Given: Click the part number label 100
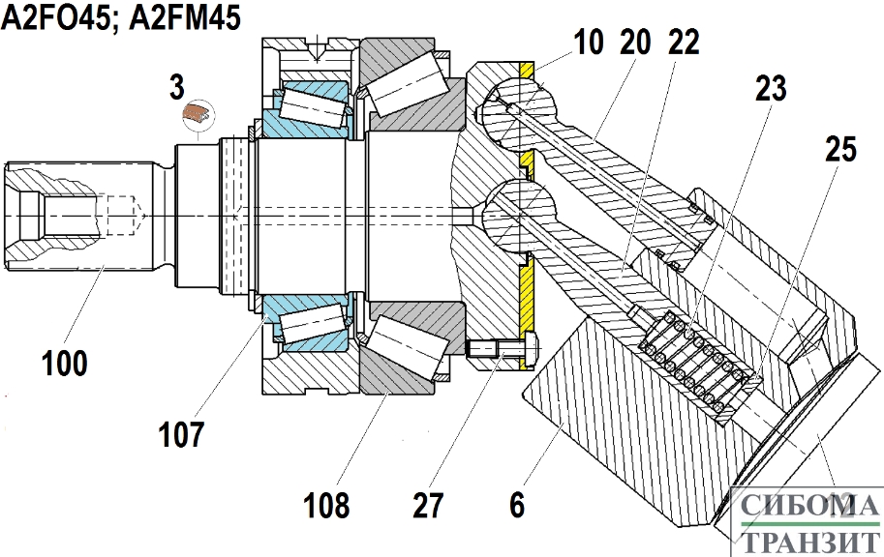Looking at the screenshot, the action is (x=65, y=364).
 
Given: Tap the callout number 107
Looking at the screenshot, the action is (x=180, y=434).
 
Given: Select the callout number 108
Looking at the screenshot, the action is (x=326, y=505).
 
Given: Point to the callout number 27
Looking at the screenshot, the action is (x=429, y=505).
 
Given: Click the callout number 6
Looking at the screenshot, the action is (x=517, y=505).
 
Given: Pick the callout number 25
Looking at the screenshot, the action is (x=840, y=149).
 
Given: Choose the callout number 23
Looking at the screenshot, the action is (x=771, y=88).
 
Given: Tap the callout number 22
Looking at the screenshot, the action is (x=684, y=43).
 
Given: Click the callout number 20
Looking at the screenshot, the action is (x=635, y=43).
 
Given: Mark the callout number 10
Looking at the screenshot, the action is (x=589, y=43).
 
